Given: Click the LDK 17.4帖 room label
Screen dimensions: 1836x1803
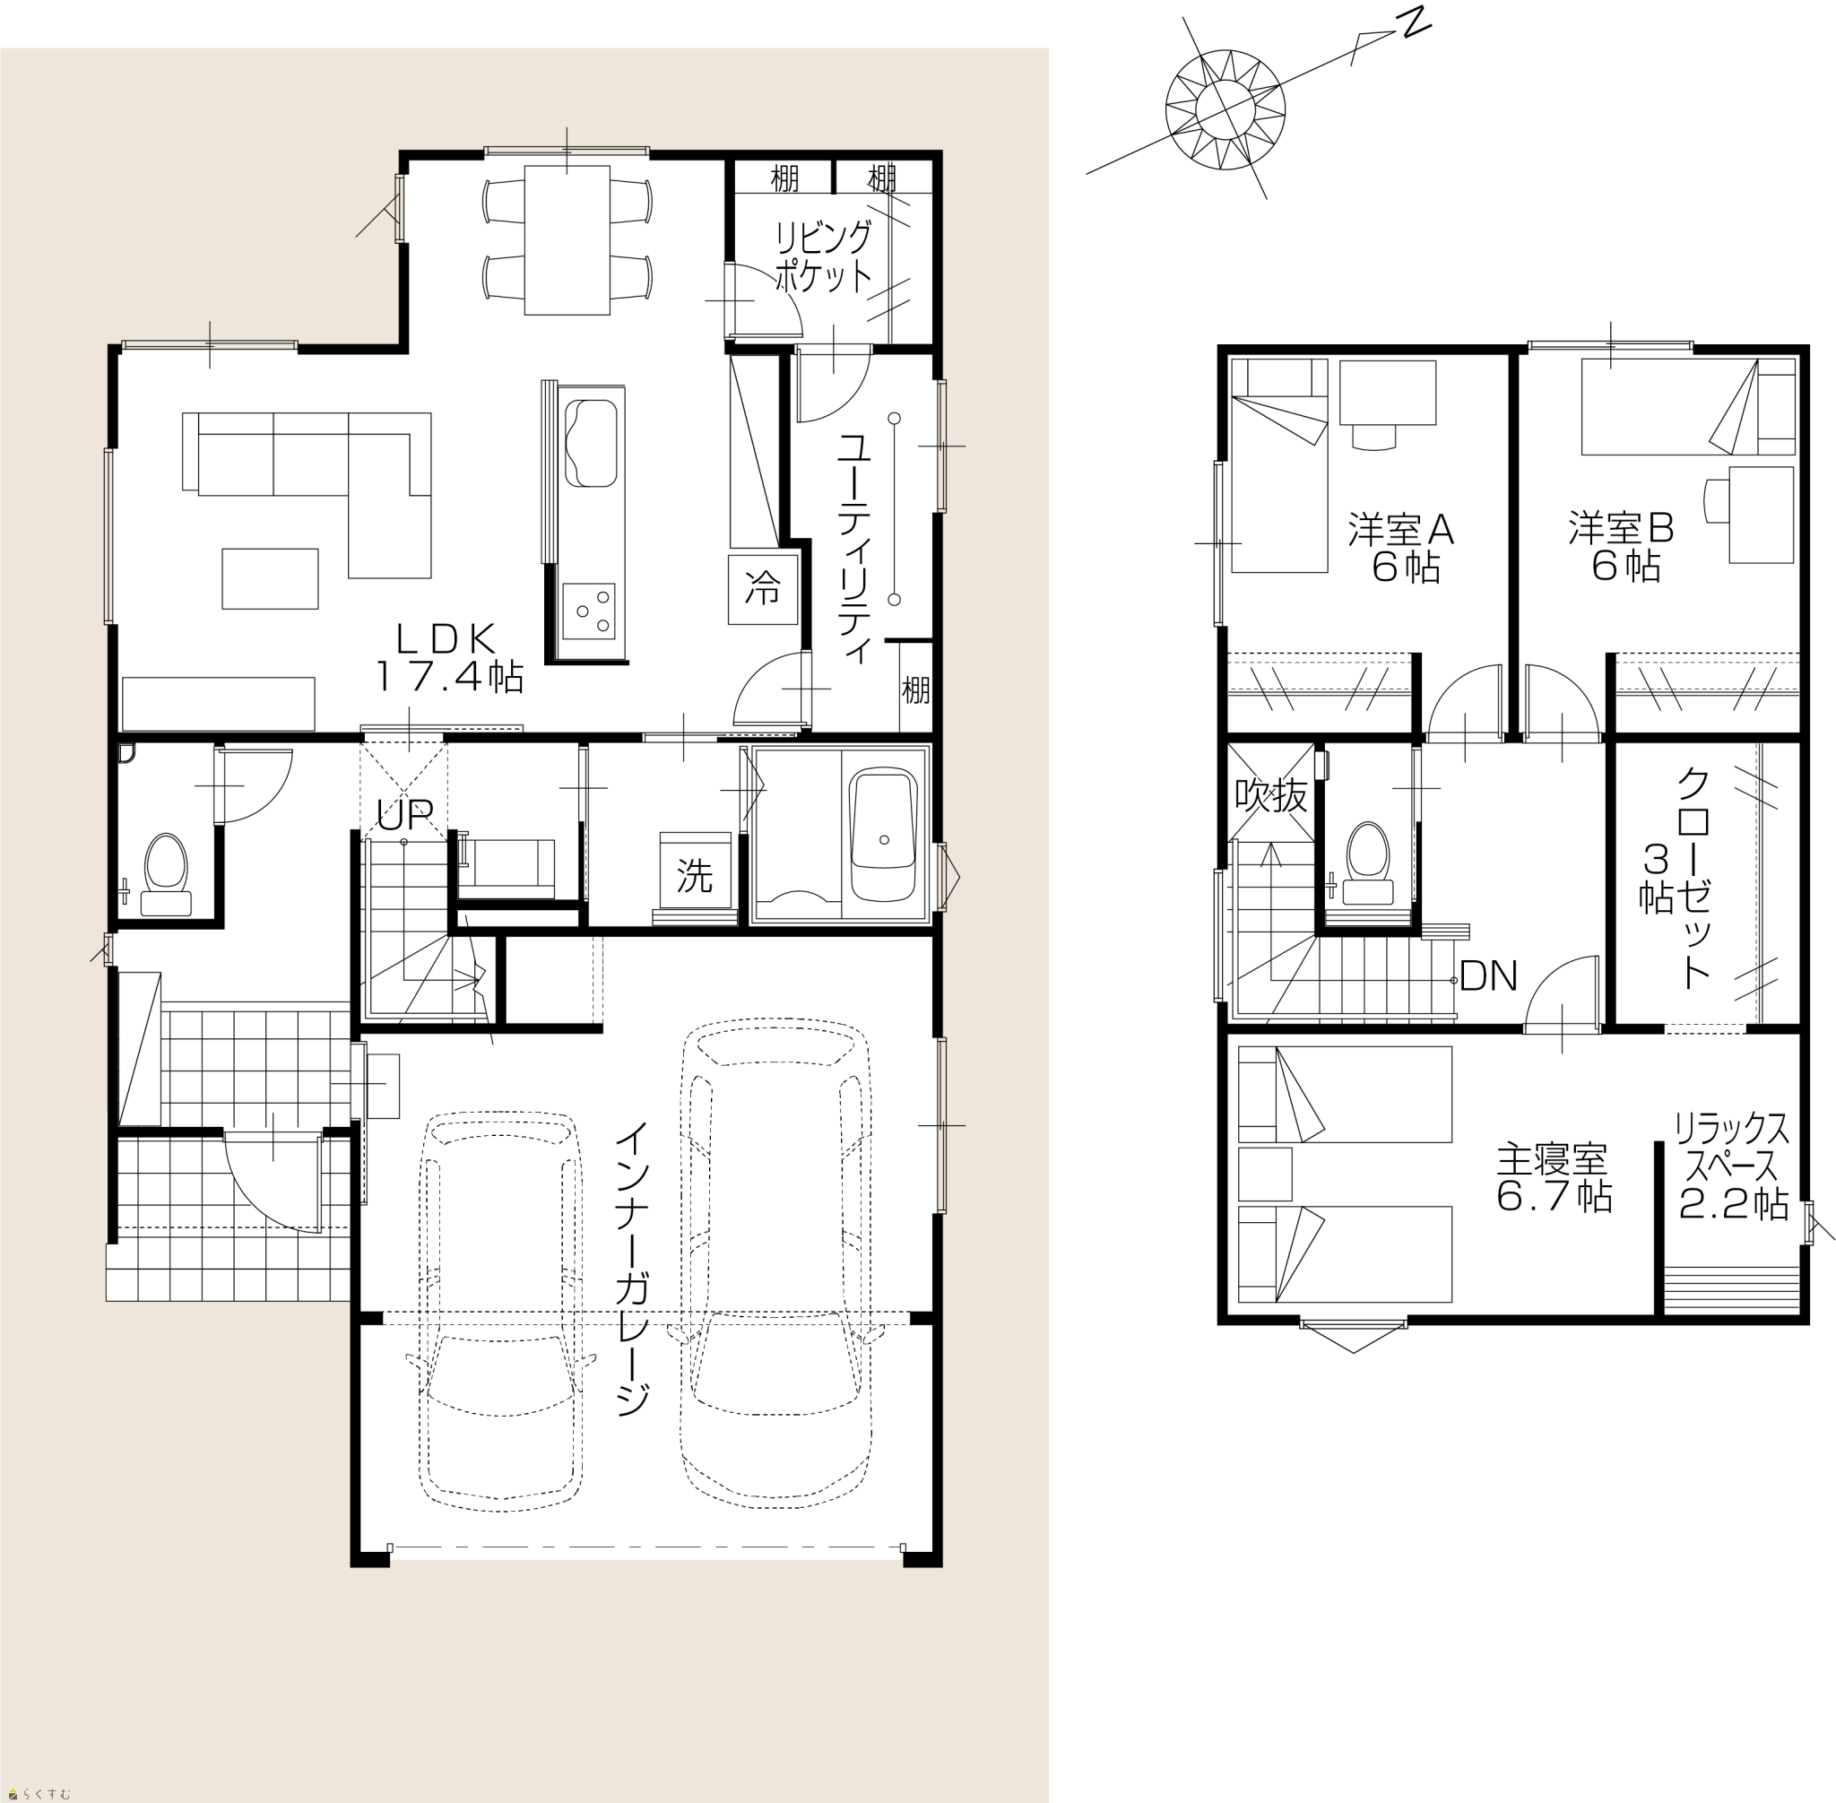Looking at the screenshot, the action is tap(450, 658).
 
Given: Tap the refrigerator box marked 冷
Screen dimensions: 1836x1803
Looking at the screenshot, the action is tap(762, 589).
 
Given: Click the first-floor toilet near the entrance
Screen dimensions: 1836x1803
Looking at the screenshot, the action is tap(167, 873).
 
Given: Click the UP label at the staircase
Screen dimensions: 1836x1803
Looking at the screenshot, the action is tap(404, 813).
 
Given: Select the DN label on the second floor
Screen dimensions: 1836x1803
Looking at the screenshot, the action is tap(1488, 975).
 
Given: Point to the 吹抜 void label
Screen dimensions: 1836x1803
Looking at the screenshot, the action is tap(1270, 795).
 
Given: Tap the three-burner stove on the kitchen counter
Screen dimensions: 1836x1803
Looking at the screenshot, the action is tap(589, 611).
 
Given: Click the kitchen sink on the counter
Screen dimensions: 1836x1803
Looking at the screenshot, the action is tap(591, 443).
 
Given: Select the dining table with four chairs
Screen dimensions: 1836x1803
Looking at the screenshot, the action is tap(567, 239).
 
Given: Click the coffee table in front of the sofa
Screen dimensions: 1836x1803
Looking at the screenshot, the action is tap(270, 578).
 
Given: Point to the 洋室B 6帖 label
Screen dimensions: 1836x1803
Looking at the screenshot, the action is tap(1621, 546).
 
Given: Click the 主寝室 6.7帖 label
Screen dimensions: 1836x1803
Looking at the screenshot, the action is tap(1552, 1178).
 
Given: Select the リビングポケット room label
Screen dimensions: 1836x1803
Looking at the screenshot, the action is tap(823, 256).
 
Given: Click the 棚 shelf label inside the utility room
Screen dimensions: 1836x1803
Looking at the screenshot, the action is tap(915, 689).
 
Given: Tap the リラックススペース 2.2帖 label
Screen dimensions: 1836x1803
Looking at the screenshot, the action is tap(1733, 1166).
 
